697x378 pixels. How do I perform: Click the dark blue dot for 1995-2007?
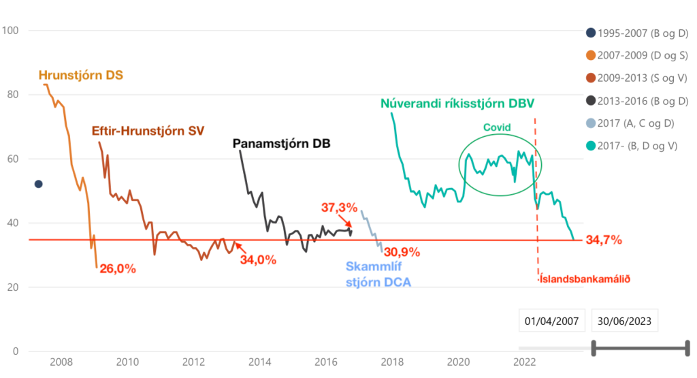point(39,184)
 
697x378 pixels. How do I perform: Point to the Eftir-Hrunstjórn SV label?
point(148,129)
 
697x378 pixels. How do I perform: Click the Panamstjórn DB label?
point(281,144)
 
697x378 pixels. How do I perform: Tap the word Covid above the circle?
point(496,127)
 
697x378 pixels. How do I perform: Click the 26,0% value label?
point(118,268)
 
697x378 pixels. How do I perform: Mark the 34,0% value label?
point(258,259)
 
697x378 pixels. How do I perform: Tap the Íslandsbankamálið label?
point(584,278)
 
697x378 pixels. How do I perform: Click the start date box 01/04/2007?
point(551,321)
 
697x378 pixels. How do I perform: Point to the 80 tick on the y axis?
point(12,95)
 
